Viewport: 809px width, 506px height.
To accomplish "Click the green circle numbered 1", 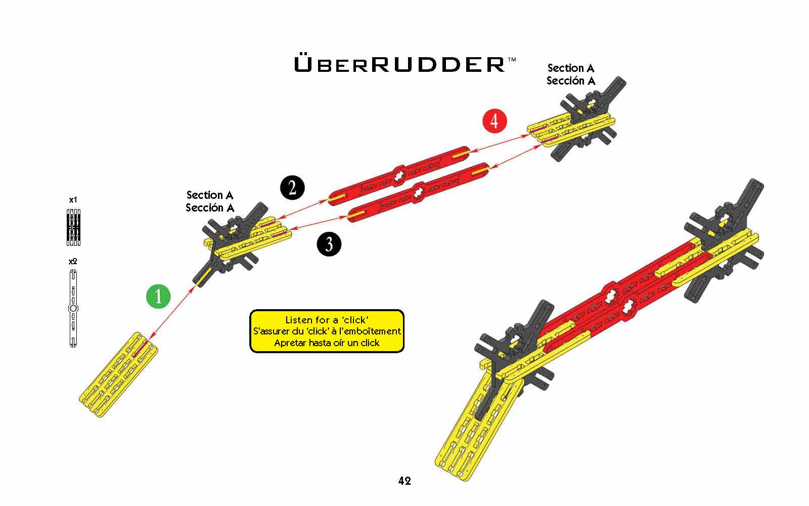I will pos(158,296).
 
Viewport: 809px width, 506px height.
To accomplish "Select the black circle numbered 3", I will pos(329,244).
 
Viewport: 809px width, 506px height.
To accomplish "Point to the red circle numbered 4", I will pos(494,121).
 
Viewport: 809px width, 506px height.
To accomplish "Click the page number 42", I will pos(404,481).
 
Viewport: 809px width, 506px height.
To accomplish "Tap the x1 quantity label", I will pos(73,200).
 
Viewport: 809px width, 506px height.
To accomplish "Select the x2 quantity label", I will pos(73,262).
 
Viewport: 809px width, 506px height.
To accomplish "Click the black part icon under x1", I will pos(74,227).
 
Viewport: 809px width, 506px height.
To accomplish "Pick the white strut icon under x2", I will pos(73,308).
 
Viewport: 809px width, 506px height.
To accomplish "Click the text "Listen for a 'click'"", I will pos(327,320).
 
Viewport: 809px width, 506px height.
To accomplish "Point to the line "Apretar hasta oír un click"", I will pos(327,343).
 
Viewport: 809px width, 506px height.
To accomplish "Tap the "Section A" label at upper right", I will pos(570,68).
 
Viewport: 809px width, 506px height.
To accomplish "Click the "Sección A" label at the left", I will pos(210,207).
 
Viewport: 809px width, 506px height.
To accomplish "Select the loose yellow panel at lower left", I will pos(118,374).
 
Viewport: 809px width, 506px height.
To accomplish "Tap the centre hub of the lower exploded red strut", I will pos(419,193).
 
